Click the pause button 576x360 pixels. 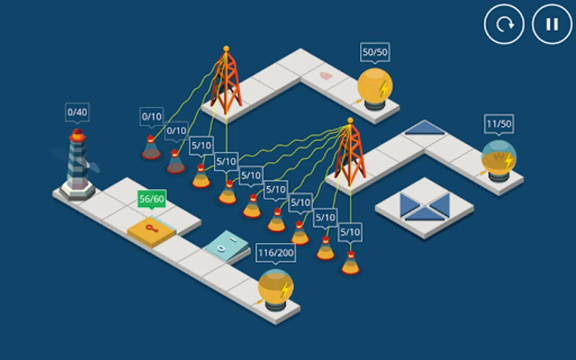pos(552,24)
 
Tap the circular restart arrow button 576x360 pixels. pos(504,24)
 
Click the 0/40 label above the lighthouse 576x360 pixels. pos(78,112)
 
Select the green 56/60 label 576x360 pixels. pos(152,199)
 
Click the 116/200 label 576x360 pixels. pos(276,253)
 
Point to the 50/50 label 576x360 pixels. pos(375,52)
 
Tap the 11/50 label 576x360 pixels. pos(499,124)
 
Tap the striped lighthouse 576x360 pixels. pos(78,164)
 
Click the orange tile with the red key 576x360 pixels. pos(152,231)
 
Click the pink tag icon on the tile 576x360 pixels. pos(326,76)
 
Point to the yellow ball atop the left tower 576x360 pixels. pos(226,49)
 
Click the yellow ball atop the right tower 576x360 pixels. pos(350,120)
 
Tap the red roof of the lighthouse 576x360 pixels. pos(78,135)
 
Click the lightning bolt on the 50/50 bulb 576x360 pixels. pos(384,89)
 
